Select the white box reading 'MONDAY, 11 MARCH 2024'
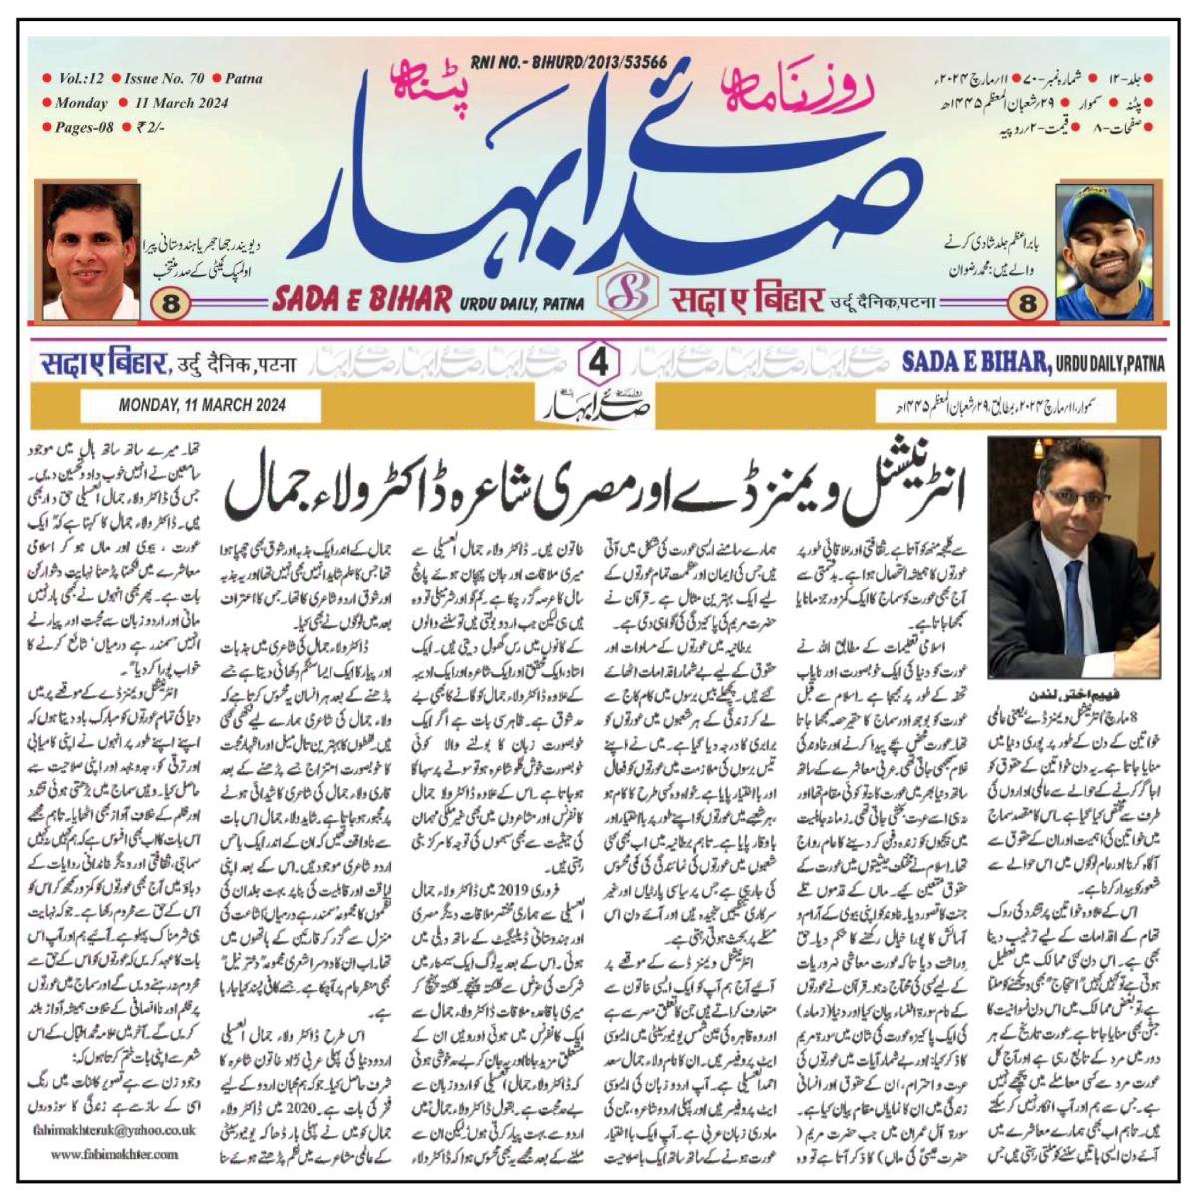click(x=202, y=405)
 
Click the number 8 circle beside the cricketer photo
click(x=1027, y=304)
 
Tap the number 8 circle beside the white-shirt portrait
click(x=170, y=304)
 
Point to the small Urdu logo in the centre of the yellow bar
click(x=599, y=406)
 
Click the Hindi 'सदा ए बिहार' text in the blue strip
click(x=102, y=365)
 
